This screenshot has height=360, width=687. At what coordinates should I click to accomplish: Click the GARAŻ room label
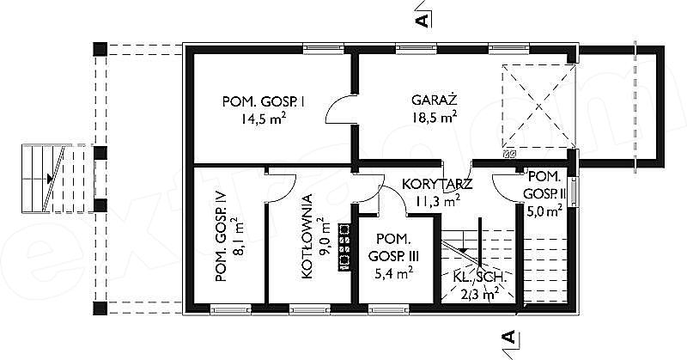click(435, 100)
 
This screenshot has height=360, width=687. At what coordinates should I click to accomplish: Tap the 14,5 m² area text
click(264, 119)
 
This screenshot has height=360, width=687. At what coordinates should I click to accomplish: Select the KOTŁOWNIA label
click(307, 236)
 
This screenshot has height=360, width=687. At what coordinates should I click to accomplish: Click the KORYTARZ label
click(437, 184)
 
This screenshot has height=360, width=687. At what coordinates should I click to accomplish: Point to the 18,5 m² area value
click(435, 117)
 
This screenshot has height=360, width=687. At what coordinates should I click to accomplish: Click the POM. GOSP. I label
click(264, 102)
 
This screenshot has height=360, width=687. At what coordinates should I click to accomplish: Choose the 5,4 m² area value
click(394, 273)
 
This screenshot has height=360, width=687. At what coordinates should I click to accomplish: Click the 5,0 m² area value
click(544, 212)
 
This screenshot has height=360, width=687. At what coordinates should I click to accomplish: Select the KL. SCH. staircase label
click(481, 278)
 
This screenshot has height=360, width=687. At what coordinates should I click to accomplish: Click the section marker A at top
click(422, 20)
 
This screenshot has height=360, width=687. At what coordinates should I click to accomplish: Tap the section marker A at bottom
click(508, 337)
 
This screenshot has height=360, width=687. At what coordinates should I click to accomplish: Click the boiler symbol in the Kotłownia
click(344, 247)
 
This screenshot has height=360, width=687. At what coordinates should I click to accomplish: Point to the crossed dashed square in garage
click(538, 106)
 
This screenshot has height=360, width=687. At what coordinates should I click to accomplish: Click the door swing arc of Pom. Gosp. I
click(340, 109)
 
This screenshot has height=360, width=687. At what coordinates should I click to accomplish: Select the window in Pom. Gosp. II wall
click(573, 192)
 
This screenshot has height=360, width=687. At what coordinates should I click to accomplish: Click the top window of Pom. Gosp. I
click(324, 48)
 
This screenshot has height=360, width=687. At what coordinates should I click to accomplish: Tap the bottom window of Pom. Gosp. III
click(388, 310)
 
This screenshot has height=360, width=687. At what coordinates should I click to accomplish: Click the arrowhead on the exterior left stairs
click(50, 179)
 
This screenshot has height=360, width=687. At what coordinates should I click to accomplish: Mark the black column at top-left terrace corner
click(100, 49)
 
